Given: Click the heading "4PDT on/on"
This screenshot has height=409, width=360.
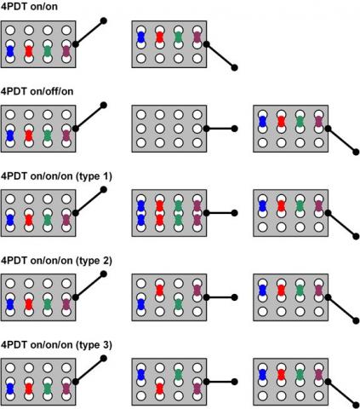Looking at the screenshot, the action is [29, 6].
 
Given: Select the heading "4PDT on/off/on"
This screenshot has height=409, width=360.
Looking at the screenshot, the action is [37, 91].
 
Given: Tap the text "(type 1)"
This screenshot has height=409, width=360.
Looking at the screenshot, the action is [94, 176].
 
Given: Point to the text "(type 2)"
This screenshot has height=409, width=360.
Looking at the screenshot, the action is [94, 261].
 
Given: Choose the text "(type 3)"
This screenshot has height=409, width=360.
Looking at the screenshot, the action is [94, 345].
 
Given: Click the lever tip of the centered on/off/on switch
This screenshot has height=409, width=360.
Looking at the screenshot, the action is [234, 129].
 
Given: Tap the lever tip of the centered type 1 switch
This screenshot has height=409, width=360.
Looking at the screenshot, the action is [234, 213].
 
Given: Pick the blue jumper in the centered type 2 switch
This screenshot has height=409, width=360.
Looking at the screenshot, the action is [141, 304].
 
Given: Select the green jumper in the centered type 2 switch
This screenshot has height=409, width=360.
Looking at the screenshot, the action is [179, 304].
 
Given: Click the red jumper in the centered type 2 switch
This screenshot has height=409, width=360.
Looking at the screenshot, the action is [160, 291].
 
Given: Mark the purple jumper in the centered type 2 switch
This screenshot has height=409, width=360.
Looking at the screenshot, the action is [197, 291].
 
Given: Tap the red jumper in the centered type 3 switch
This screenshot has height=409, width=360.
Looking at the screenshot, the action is [160, 389].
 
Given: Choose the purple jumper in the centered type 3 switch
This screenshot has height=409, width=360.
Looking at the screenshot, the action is [197, 389].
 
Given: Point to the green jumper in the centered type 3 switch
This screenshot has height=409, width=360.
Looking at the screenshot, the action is [179, 375].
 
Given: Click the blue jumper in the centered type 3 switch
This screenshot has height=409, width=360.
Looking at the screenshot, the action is [141, 375].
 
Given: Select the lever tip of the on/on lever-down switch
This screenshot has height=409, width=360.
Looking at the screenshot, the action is [234, 67].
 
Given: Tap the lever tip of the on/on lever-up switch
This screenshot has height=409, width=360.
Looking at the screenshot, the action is [104, 20].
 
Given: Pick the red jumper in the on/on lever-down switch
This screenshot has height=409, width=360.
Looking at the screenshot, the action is [160, 37].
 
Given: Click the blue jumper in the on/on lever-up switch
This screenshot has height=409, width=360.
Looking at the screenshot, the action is [10, 51].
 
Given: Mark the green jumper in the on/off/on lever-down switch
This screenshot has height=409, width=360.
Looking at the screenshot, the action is [300, 122].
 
